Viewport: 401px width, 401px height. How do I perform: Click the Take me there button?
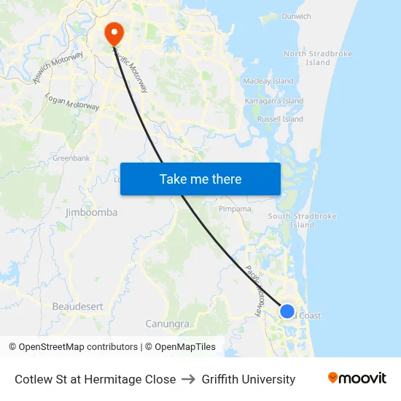click(200, 179)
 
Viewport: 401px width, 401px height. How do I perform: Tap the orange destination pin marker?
click(114, 33)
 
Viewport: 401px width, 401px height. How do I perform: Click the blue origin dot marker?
click(287, 311)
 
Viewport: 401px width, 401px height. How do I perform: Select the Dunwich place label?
click(296, 16)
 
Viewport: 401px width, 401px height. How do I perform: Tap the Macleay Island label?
click(268, 81)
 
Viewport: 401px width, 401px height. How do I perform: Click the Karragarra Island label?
click(274, 101)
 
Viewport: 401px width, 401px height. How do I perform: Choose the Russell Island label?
click(280, 119)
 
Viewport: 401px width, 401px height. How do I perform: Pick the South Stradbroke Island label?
click(302, 220)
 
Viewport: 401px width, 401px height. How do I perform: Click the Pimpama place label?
click(235, 209)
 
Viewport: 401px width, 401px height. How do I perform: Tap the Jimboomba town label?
click(91, 212)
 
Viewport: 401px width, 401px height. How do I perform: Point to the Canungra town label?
click(168, 323)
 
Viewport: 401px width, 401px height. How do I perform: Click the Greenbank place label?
click(71, 157)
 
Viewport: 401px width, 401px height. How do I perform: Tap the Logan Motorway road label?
click(72, 102)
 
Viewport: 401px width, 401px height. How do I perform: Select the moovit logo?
click(357, 378)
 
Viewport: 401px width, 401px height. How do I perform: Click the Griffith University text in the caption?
click(249, 379)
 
